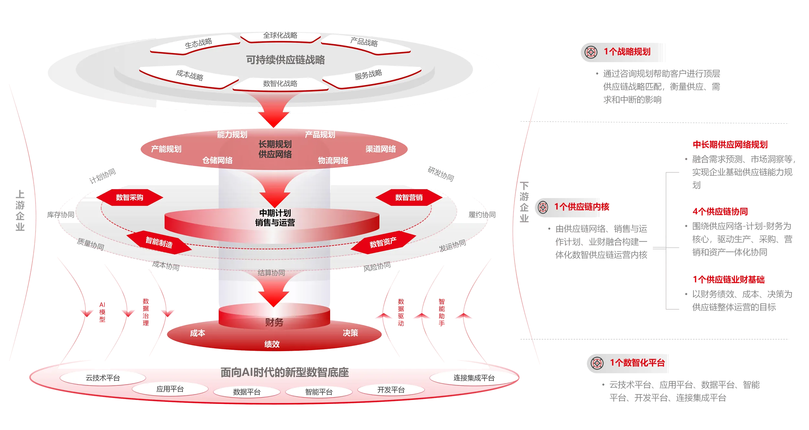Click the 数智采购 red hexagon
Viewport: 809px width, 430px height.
pyautogui.click(x=129, y=197)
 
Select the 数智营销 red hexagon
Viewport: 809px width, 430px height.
pyautogui.click(x=409, y=197)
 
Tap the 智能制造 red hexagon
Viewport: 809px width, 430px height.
pyautogui.click(x=159, y=242)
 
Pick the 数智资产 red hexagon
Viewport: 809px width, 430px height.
pyautogui.click(x=383, y=242)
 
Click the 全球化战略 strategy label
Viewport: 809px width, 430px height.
pyautogui.click(x=280, y=35)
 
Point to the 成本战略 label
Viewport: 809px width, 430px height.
pyautogui.click(x=190, y=75)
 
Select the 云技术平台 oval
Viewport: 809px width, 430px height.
pyautogui.click(x=103, y=378)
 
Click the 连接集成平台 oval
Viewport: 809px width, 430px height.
pyautogui.click(x=474, y=378)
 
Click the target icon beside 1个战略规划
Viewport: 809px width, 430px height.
pyautogui.click(x=591, y=52)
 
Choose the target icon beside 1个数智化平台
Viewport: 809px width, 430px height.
pyautogui.click(x=597, y=363)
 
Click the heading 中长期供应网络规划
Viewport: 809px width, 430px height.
pyautogui.click(x=730, y=145)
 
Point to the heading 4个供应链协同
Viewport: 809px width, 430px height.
pyautogui.click(x=720, y=212)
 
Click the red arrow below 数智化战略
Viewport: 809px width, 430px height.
pyautogui.click(x=274, y=110)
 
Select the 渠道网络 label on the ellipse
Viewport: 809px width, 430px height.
pyautogui.click(x=381, y=149)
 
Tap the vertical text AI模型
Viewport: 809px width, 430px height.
pyautogui.click(x=102, y=312)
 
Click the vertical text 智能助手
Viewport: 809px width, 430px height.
pyautogui.click(x=442, y=312)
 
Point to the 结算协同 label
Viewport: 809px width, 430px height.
pyautogui.click(x=271, y=273)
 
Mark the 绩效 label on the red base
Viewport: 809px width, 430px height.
pyautogui.click(x=272, y=344)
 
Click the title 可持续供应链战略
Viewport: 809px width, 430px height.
pyautogui.click(x=285, y=60)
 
